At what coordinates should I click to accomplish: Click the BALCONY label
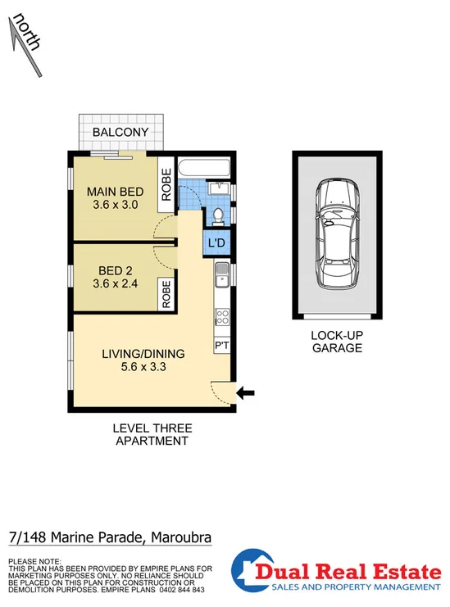(x=120, y=133)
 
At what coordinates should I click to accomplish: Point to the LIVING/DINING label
(x=143, y=354)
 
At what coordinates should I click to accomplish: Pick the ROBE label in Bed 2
(x=166, y=294)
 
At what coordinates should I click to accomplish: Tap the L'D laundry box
(x=218, y=243)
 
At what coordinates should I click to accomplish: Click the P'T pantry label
(x=222, y=347)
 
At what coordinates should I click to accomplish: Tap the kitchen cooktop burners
(x=222, y=315)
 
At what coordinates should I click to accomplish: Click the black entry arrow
(x=246, y=394)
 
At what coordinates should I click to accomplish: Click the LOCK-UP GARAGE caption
(x=336, y=342)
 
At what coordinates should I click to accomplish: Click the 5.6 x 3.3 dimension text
(x=143, y=368)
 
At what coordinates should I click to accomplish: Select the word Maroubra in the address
(x=180, y=537)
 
